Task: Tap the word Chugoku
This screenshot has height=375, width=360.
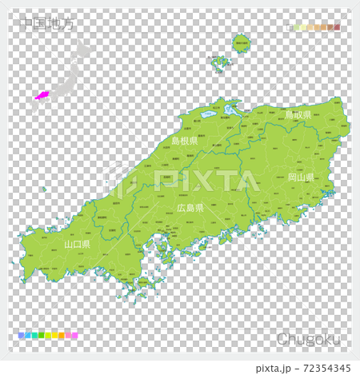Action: (x=308, y=339)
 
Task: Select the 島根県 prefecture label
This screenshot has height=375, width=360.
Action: (x=185, y=141)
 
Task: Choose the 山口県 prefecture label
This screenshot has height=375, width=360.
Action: (x=77, y=243)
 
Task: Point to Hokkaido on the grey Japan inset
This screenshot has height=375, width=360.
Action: (x=82, y=51)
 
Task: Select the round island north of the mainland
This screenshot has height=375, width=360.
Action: (x=241, y=43)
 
